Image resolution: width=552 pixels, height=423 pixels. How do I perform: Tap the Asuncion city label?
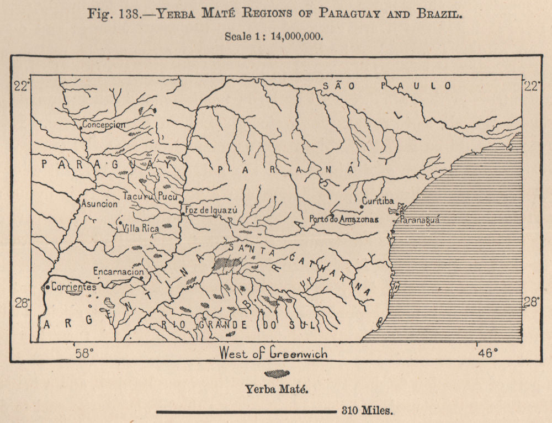[99, 204]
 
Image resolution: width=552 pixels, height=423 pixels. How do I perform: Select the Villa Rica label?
[140, 228]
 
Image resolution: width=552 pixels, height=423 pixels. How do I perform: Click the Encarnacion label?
[118, 272]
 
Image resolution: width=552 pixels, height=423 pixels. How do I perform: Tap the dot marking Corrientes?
[47, 287]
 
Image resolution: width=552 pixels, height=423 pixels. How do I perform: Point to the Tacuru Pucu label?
[146, 196]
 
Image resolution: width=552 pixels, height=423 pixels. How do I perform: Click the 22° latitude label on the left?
[21, 86]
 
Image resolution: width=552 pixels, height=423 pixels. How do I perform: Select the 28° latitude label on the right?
[532, 302]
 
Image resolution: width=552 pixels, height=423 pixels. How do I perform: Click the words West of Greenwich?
[273, 353]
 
